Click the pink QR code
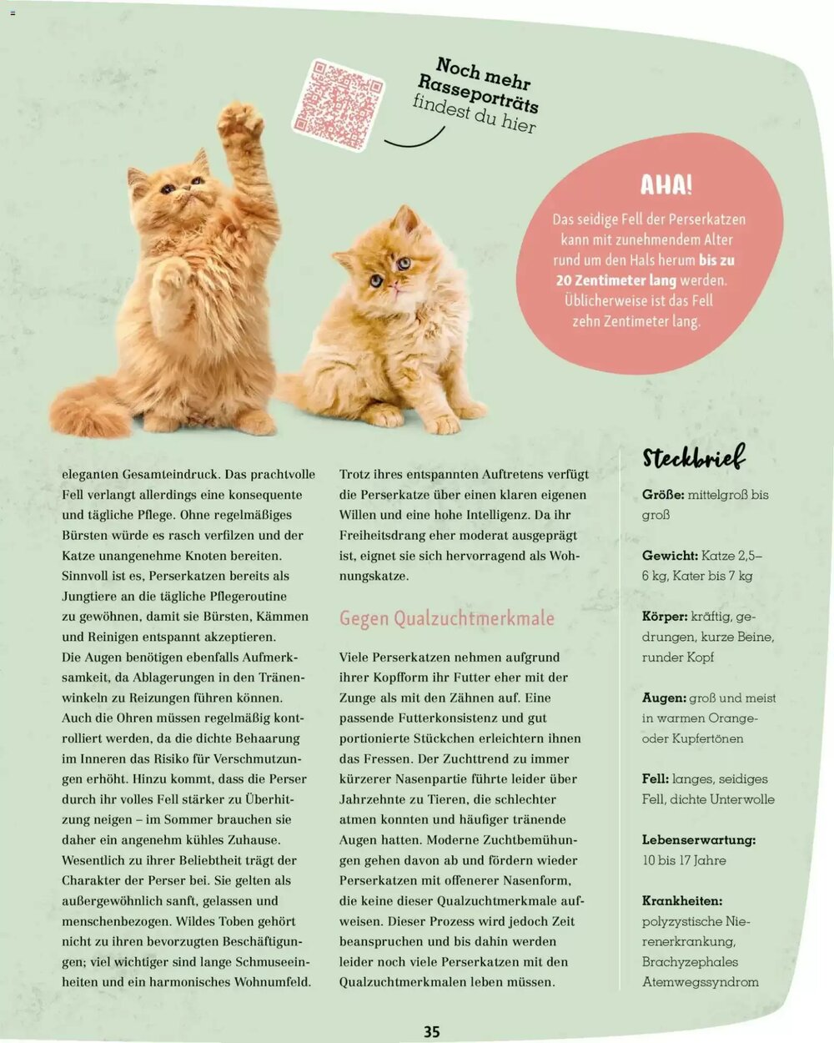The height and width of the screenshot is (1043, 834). point(339,104)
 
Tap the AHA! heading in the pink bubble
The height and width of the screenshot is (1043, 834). point(666,185)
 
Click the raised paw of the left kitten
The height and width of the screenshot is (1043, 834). point(240,122)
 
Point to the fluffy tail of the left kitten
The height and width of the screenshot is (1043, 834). point(90,409)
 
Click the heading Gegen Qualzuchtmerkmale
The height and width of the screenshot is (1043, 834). point(446,618)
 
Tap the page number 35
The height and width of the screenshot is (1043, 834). point(431,1031)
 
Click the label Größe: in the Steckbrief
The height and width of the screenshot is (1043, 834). point(663,495)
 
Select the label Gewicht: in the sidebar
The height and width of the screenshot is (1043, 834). point(670,556)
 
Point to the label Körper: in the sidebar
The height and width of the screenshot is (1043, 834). point(665,617)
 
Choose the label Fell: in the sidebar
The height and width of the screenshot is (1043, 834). point(655,778)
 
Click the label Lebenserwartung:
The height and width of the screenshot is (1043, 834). point(698,839)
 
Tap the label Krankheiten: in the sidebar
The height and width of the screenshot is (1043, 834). point(681,900)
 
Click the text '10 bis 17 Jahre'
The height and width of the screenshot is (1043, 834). point(684,860)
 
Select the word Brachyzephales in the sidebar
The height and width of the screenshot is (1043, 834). point(690,961)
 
